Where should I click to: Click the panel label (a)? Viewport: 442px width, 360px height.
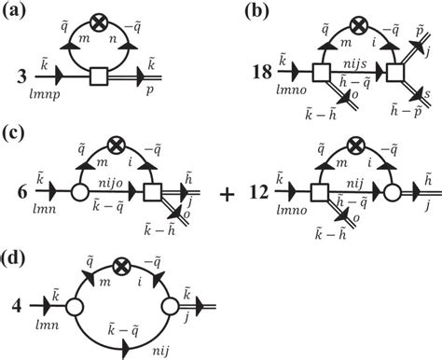point(16,11)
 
